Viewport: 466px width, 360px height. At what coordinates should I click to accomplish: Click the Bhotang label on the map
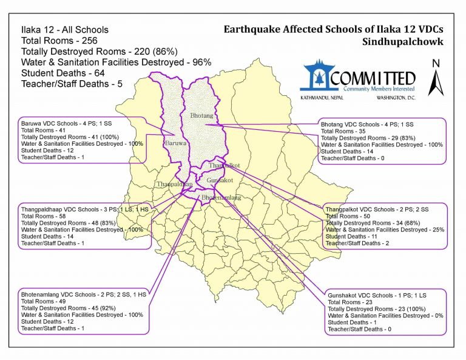pyautogui.click(x=202, y=115)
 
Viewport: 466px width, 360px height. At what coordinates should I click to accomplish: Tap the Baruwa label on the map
pyautogui.click(x=175, y=143)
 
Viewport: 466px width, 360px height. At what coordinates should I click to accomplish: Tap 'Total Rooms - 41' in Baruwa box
pyautogui.click(x=40, y=130)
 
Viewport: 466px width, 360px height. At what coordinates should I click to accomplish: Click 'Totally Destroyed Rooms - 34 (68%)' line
pyautogui.click(x=371, y=223)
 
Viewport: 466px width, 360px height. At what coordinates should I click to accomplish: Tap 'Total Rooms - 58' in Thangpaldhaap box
pyautogui.click(x=41, y=216)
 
